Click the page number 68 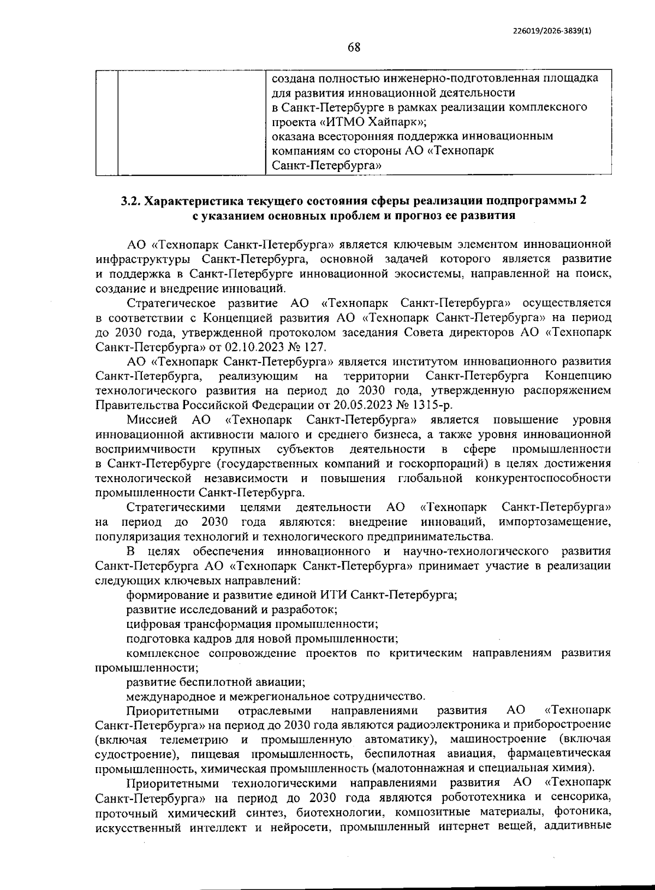tap(354, 48)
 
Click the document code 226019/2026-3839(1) tap(552, 31)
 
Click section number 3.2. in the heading tap(132, 200)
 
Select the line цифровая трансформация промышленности tap(252, 624)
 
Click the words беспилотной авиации tap(241, 682)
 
